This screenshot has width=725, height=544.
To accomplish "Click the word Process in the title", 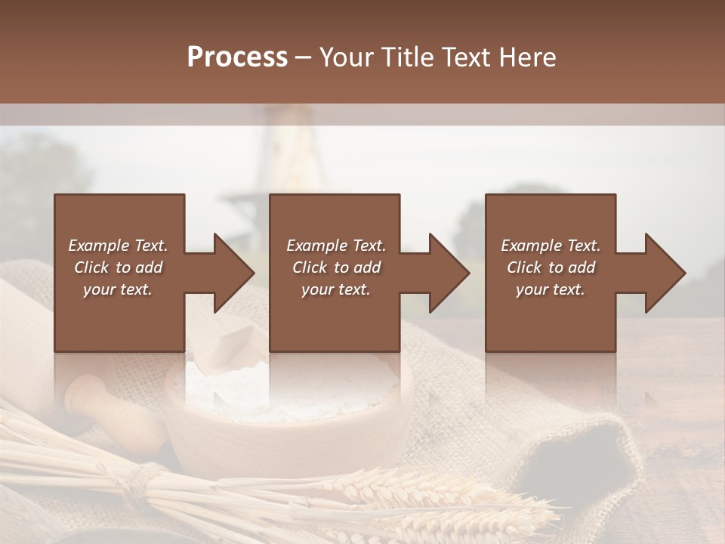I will tap(237, 57).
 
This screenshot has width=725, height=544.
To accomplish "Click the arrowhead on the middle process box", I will tap(448, 273).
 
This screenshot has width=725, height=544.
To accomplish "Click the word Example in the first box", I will tap(99, 246).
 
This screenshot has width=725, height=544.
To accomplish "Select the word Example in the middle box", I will tap(317, 246).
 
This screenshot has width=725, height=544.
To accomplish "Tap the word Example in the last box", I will tap(532, 246).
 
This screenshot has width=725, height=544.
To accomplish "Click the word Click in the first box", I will tap(92, 267).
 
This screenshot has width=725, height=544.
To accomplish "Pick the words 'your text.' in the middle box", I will tap(335, 289).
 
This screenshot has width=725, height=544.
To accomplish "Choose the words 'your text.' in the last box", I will tap(550, 289).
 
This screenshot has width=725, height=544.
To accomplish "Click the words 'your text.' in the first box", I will tap(117, 289).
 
